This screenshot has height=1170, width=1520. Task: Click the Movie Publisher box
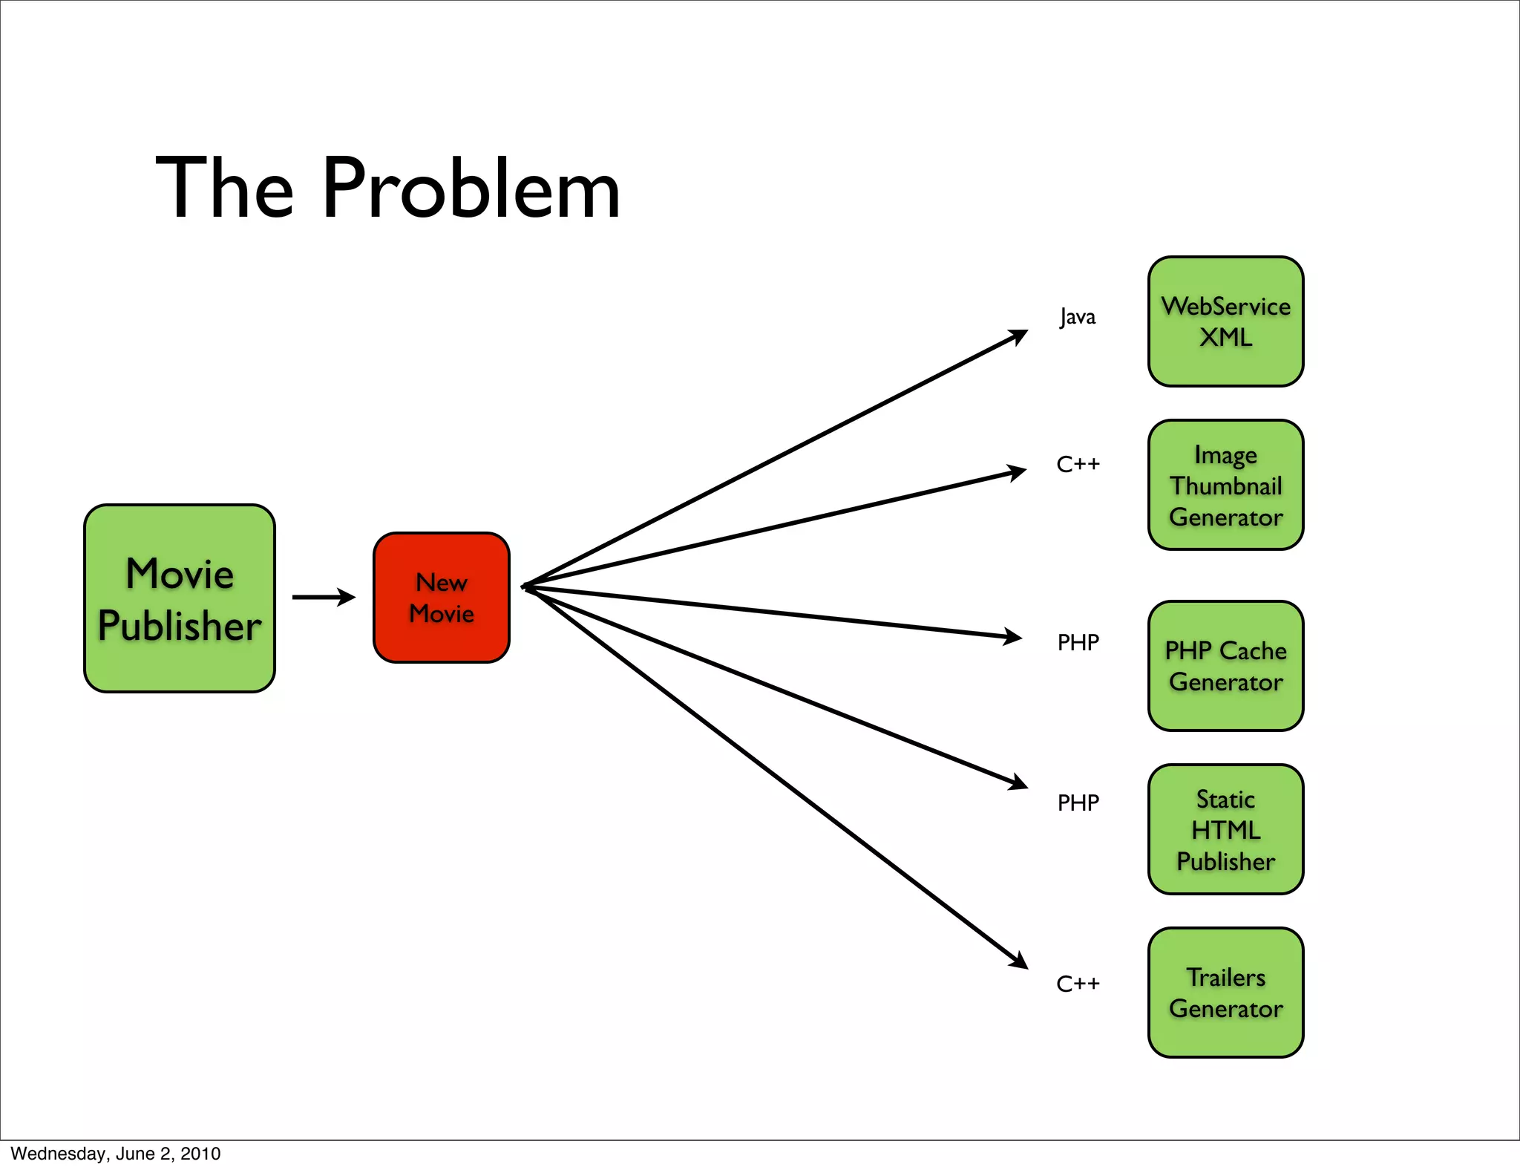point(180,598)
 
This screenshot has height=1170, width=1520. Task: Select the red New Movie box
point(442,598)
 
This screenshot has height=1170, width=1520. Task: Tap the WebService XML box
point(1225,321)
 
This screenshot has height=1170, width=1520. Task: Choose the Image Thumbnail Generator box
point(1225,485)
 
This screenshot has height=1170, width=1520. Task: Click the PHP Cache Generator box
point(1225,666)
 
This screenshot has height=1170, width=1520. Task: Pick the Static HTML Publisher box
point(1225,829)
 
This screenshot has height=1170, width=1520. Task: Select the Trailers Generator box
point(1225,993)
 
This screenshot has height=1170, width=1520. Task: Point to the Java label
point(1077,317)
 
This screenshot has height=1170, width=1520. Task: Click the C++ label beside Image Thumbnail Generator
point(1078,465)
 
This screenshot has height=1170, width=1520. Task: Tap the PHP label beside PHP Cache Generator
point(1078,642)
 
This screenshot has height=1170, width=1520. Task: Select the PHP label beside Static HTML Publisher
point(1078,803)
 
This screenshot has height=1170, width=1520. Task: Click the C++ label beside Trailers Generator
point(1078,984)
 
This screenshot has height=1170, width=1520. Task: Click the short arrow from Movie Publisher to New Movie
point(323,597)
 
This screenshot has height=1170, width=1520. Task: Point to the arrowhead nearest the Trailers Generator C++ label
point(1018,961)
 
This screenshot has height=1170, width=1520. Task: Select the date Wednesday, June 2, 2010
point(116,1154)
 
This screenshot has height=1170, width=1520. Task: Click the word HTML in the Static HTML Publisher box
point(1225,830)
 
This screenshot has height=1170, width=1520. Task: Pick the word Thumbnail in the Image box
point(1225,486)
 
